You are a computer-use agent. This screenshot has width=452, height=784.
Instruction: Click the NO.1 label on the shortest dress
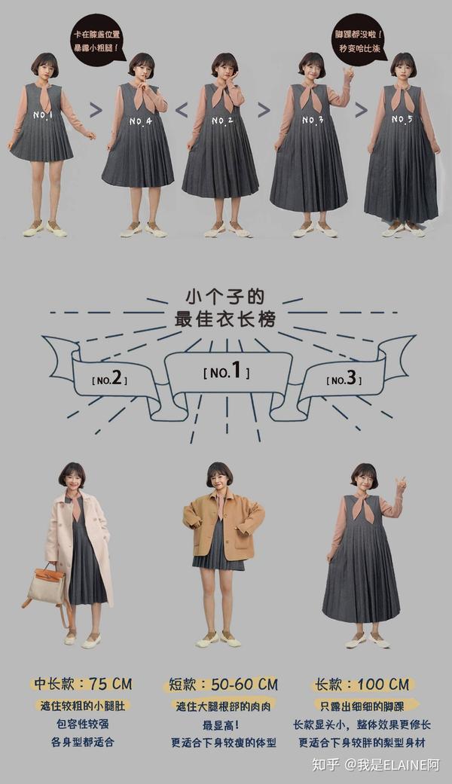pos(43,115)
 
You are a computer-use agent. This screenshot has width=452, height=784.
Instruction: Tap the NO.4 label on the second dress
pos(140,120)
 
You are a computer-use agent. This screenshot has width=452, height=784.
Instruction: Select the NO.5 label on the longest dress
pos(402,120)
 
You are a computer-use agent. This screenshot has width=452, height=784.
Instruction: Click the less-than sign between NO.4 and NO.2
pos(181,110)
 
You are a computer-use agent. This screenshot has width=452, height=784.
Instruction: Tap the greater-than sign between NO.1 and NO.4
pos(96,110)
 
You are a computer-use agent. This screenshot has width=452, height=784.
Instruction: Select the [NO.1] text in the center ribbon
pos(227,371)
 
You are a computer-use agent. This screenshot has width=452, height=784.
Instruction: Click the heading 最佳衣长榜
pos(225,319)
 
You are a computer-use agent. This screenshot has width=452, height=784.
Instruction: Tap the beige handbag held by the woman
pos(47,586)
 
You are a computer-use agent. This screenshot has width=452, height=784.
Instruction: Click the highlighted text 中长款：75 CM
pos(83,685)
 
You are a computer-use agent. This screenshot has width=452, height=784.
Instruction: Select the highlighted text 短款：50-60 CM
pos(221,685)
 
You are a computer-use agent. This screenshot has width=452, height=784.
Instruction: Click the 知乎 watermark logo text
pos(325,764)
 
